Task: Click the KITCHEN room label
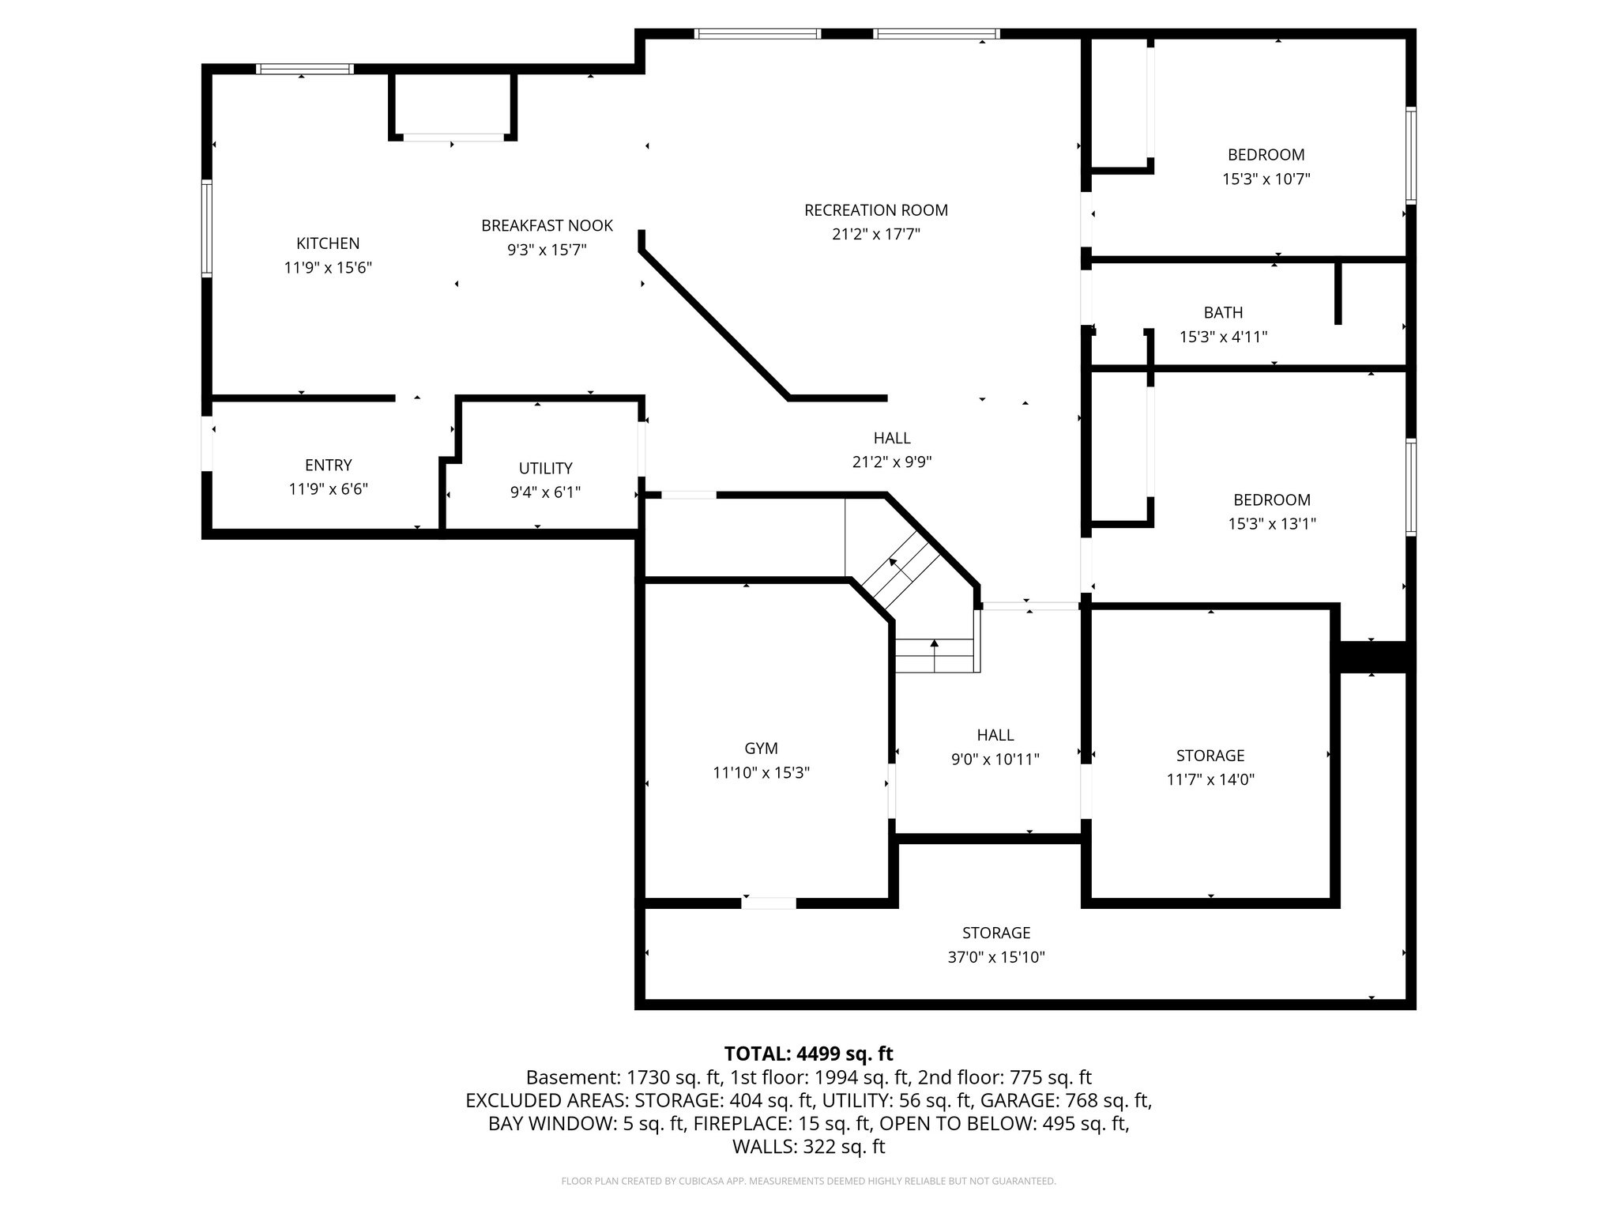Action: pyautogui.click(x=328, y=243)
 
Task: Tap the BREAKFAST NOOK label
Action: pyautogui.click(x=547, y=226)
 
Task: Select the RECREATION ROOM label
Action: pyautogui.click(x=875, y=210)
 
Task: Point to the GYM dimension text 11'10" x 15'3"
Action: pyautogui.click(x=761, y=773)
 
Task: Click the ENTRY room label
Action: pyautogui.click(x=328, y=466)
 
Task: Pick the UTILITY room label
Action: pyautogui.click(x=545, y=468)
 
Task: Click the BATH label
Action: pyautogui.click(x=1223, y=313)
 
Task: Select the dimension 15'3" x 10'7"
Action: pyautogui.click(x=1266, y=179)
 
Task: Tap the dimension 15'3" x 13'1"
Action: pyautogui.click(x=1271, y=524)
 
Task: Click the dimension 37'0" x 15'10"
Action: pyautogui.click(x=995, y=958)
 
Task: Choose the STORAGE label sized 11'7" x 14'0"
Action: pyautogui.click(x=1210, y=756)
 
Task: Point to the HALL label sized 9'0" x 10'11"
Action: pyautogui.click(x=995, y=735)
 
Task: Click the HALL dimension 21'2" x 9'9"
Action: pyautogui.click(x=891, y=462)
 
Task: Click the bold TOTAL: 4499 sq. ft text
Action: pyautogui.click(x=808, y=1054)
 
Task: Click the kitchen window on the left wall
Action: pyautogui.click(x=207, y=228)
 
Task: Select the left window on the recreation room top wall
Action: pyautogui.click(x=757, y=34)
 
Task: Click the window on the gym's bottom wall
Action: pyautogui.click(x=768, y=903)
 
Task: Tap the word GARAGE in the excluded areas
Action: pyautogui.click(x=1018, y=1100)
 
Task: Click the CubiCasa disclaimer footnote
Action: pyautogui.click(x=808, y=1182)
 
